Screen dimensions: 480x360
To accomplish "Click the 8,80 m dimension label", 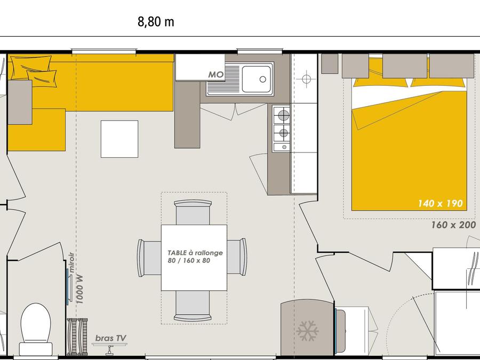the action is [156, 22].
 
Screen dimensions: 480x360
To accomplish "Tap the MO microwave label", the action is [216, 75].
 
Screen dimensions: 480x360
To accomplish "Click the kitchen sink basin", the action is [257, 79].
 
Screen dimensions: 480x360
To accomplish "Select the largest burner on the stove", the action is [284, 115].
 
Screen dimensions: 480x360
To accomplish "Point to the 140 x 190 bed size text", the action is [440, 203].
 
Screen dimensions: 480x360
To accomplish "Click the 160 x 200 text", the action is [453, 225].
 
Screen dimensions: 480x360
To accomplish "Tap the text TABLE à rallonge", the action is [195, 253].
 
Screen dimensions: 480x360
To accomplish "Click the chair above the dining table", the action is [193, 212].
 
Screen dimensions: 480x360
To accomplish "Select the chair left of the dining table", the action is [149, 258].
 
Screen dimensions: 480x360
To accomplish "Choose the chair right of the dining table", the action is [237, 257].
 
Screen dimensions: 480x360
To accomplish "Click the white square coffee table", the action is [119, 139].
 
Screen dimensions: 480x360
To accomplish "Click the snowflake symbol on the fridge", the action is [308, 331].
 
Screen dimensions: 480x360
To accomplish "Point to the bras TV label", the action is [111, 338].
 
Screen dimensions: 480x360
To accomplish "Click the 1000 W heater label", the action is [79, 289].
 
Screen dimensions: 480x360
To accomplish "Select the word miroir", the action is [71, 262].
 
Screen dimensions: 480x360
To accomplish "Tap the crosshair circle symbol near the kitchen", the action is [306, 79].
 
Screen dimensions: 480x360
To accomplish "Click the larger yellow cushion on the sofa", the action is [30, 68].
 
